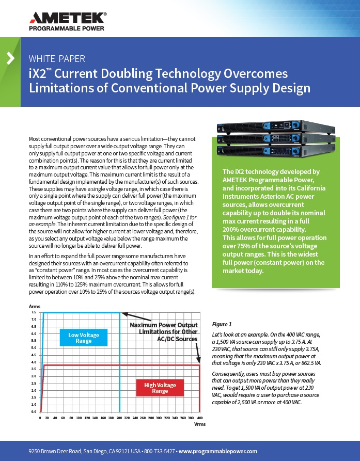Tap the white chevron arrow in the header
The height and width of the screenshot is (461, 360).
coord(10,58)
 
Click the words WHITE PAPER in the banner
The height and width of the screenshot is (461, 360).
coord(57,58)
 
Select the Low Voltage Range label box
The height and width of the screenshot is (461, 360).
coord(84,338)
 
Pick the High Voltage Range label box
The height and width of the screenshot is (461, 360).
coord(160,388)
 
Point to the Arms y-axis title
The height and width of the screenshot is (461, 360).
coord(35,306)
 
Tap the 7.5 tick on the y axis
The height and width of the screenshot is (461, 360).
coord(34,312)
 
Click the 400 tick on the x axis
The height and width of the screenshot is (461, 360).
coord(200,417)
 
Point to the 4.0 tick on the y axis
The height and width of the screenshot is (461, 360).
coord(34,362)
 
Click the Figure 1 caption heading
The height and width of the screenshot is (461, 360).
coord(222,324)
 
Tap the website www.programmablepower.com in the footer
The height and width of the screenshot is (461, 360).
coord(218,451)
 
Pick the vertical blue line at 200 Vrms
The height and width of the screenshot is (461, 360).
coord(120,361)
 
